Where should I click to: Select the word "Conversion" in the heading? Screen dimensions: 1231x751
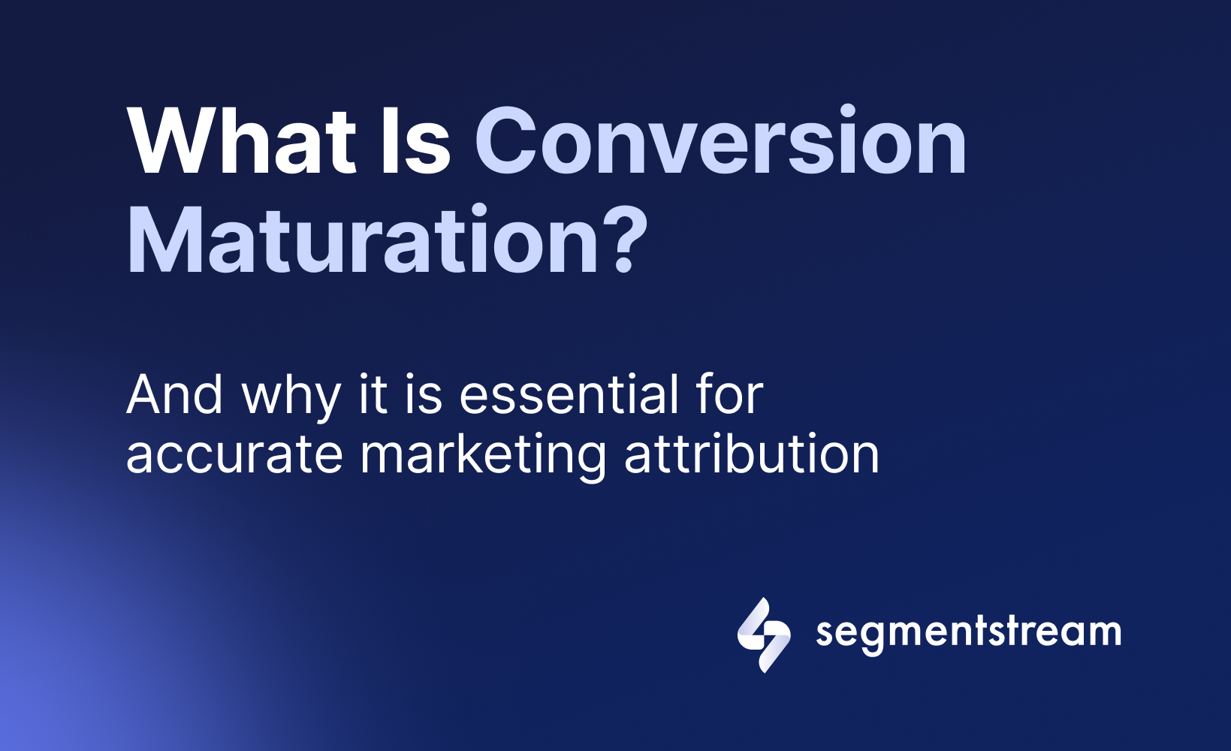[720, 140]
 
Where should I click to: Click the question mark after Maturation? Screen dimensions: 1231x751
[624, 239]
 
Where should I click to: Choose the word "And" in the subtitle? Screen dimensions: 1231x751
[175, 394]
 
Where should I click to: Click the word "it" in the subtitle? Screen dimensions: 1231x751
[373, 394]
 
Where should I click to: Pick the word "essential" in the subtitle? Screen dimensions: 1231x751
[569, 394]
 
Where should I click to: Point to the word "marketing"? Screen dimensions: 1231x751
[483, 457]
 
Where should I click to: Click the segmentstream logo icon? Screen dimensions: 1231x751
[764, 635]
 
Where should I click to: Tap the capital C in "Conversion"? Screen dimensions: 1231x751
[505, 140]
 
